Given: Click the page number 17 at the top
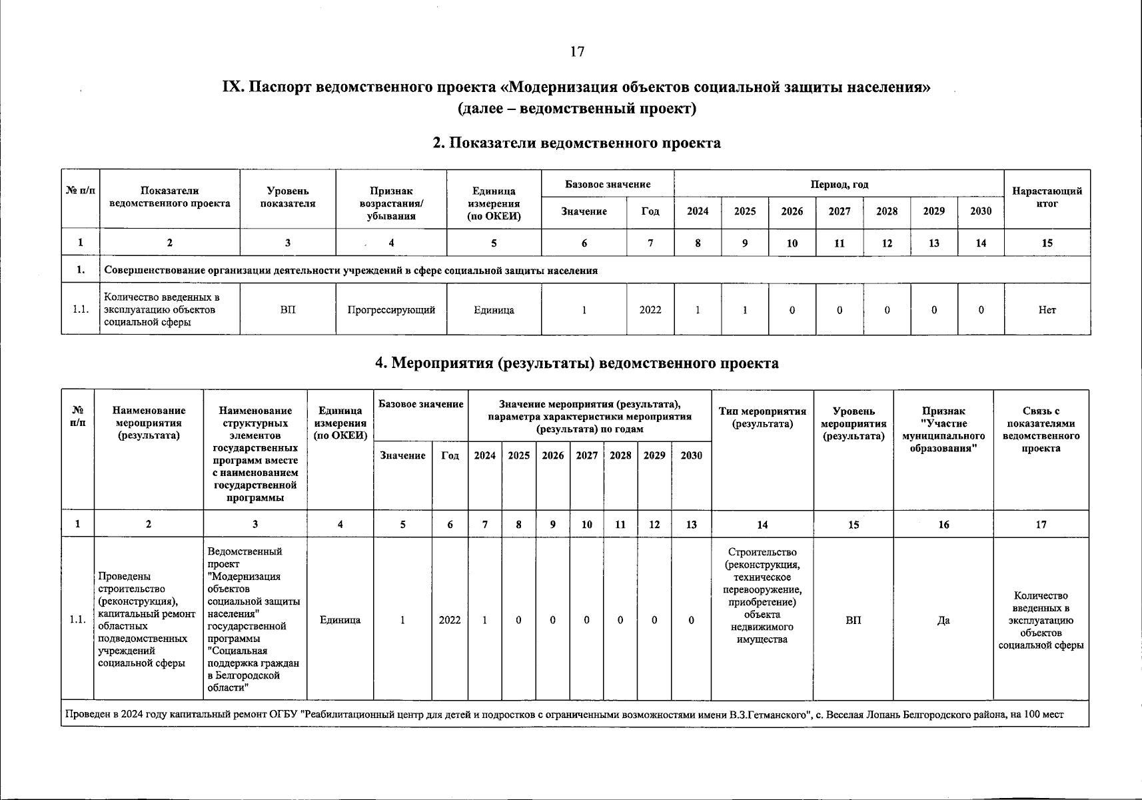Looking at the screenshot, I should coord(577,52).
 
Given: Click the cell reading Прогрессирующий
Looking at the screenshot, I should coord(391,309).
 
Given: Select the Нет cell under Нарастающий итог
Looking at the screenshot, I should coord(1047,309).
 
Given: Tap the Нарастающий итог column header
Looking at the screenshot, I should coord(1047,197).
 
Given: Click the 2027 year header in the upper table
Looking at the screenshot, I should coord(839,211).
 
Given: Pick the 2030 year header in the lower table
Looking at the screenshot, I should coord(691,455).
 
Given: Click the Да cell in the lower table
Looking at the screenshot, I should coord(943,620).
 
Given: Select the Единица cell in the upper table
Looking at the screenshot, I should coord(494,309).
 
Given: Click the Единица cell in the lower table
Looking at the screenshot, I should coord(340,620).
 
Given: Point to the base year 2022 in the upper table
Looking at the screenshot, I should coord(650,309).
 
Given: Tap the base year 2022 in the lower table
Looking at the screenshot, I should coord(450,620).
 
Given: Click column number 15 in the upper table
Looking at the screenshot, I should coord(1047,243).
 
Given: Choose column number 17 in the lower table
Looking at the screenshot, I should coord(1041,525).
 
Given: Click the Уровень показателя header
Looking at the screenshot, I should coord(287,197).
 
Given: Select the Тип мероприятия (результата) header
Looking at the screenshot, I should coord(762,417).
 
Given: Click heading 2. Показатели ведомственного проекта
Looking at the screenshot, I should coord(577,143).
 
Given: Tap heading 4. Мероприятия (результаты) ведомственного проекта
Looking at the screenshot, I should coord(577,363).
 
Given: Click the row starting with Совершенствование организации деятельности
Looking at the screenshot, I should coord(351,271).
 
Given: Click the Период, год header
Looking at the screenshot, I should coord(839,185).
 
